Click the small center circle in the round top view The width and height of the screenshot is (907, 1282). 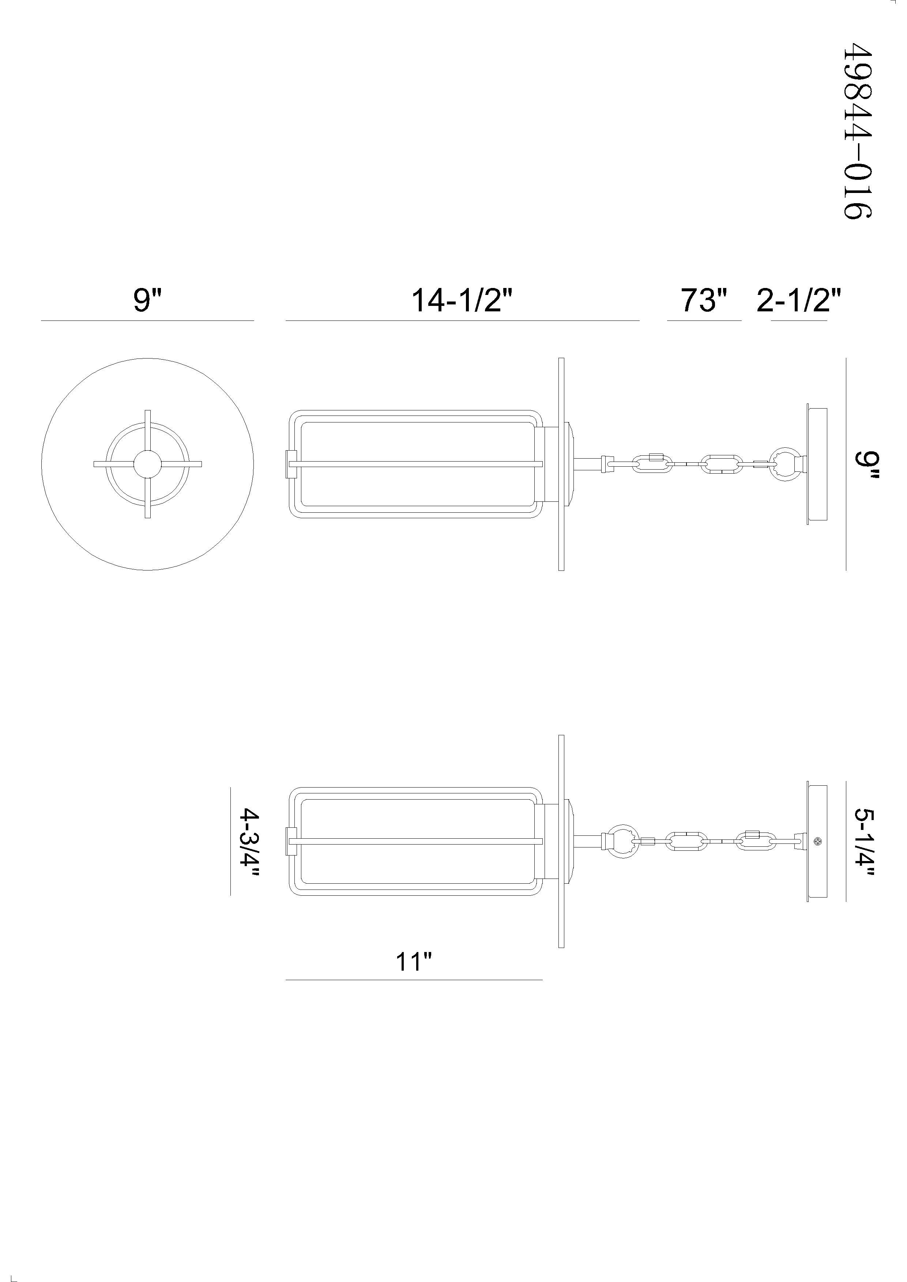147,464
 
